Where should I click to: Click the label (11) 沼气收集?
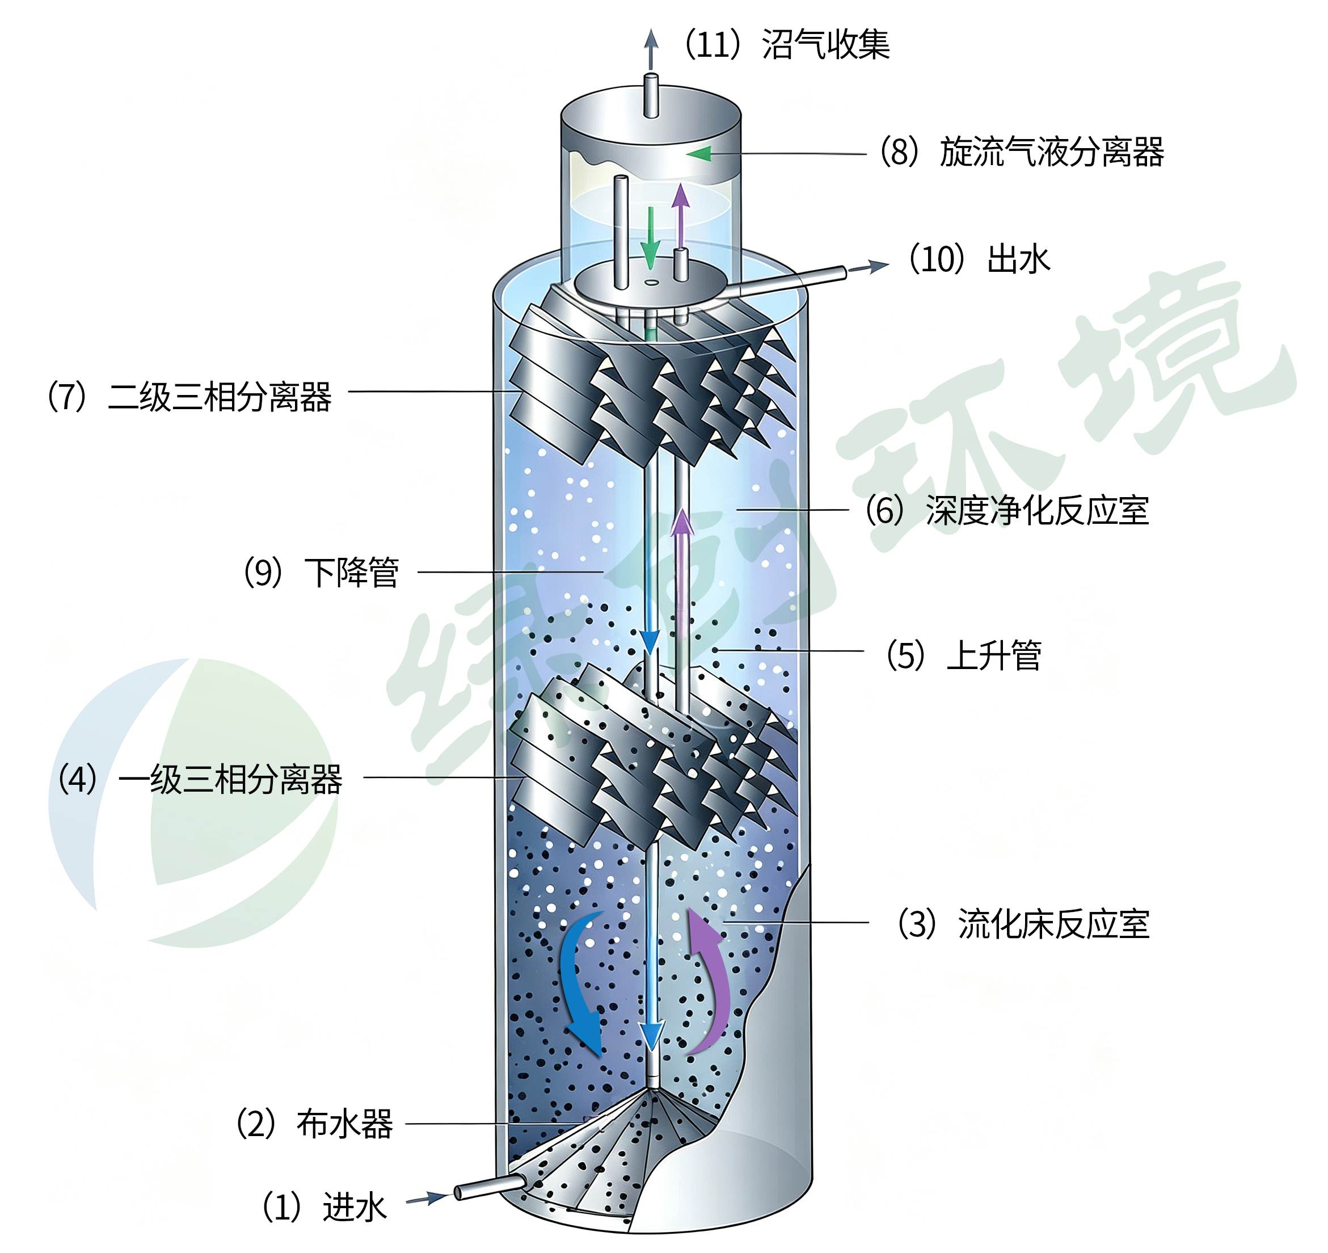[x=786, y=45]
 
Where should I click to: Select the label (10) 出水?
[x=979, y=259]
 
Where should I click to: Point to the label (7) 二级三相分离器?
[x=189, y=397]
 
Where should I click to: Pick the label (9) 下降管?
[x=321, y=573]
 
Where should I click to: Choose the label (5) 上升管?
[x=963, y=655]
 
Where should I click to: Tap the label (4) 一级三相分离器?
[x=200, y=779]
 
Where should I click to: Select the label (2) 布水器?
[x=314, y=1124]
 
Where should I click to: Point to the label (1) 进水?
[x=324, y=1208]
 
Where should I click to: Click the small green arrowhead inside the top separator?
[x=698, y=154]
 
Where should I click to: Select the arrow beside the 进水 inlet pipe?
[x=428, y=1198]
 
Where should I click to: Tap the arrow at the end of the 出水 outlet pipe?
[x=869, y=267]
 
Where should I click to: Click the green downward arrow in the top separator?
[x=650, y=238]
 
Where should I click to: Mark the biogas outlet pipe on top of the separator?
[x=651, y=95]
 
